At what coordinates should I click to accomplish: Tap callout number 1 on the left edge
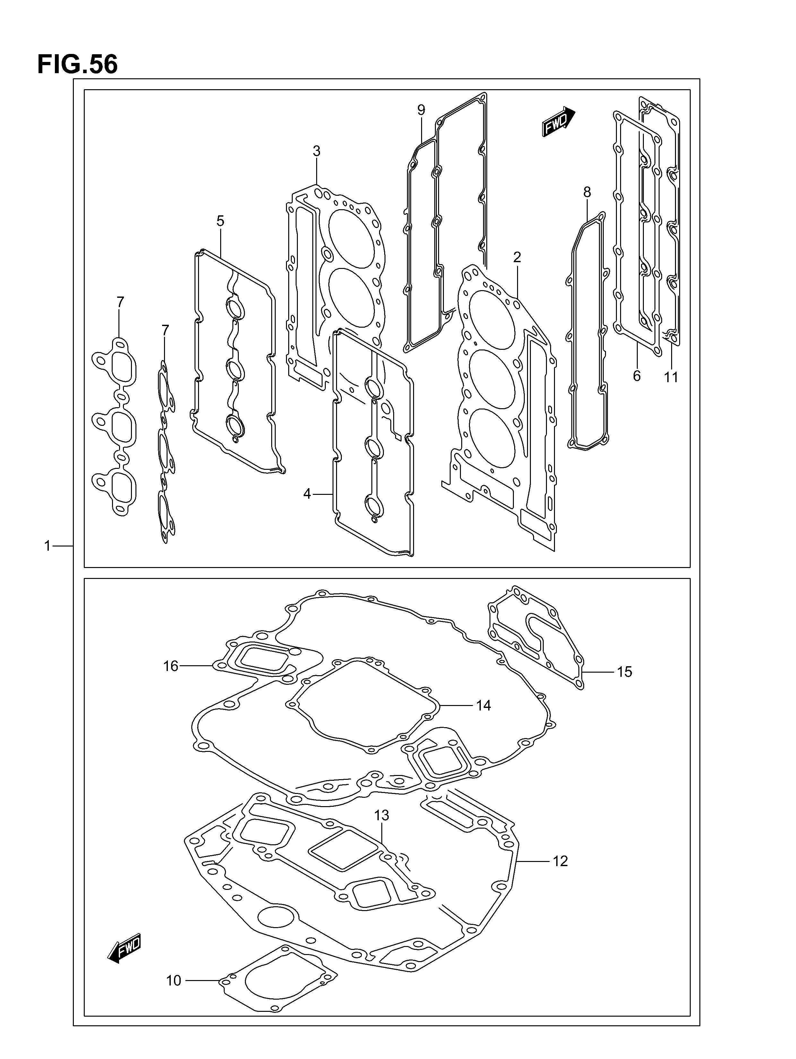48,546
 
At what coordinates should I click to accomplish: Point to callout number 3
316,151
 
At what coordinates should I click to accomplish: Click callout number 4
307,494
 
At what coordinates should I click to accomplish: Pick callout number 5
220,221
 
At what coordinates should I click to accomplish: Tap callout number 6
636,376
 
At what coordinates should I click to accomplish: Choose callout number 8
587,193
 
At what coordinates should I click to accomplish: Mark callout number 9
421,110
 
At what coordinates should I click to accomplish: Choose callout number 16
170,666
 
